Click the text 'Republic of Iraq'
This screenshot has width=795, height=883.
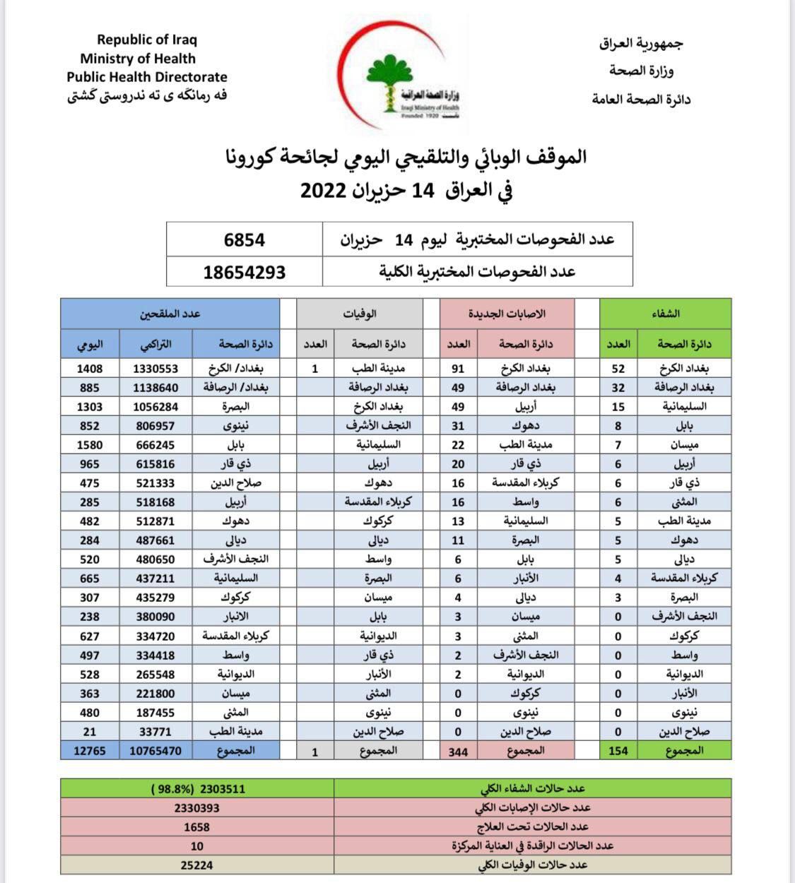147,40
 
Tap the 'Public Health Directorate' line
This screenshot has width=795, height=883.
147,77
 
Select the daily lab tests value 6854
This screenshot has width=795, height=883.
245,239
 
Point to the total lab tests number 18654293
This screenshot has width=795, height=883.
245,272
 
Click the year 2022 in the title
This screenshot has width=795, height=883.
324,191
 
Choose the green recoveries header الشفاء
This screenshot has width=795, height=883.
665,314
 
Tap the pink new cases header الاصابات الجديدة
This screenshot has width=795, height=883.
507,314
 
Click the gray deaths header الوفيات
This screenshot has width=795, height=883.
360,314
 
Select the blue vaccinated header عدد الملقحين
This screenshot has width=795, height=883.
170,314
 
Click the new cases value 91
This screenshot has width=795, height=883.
458,368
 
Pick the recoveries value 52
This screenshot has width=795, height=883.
618,368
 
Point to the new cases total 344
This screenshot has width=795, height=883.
458,752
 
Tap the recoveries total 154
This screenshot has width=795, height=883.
618,751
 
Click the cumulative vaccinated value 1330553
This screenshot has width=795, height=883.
155,368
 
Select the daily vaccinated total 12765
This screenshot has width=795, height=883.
90,751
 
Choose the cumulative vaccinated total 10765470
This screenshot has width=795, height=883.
155,751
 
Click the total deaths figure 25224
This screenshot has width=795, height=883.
196,865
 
